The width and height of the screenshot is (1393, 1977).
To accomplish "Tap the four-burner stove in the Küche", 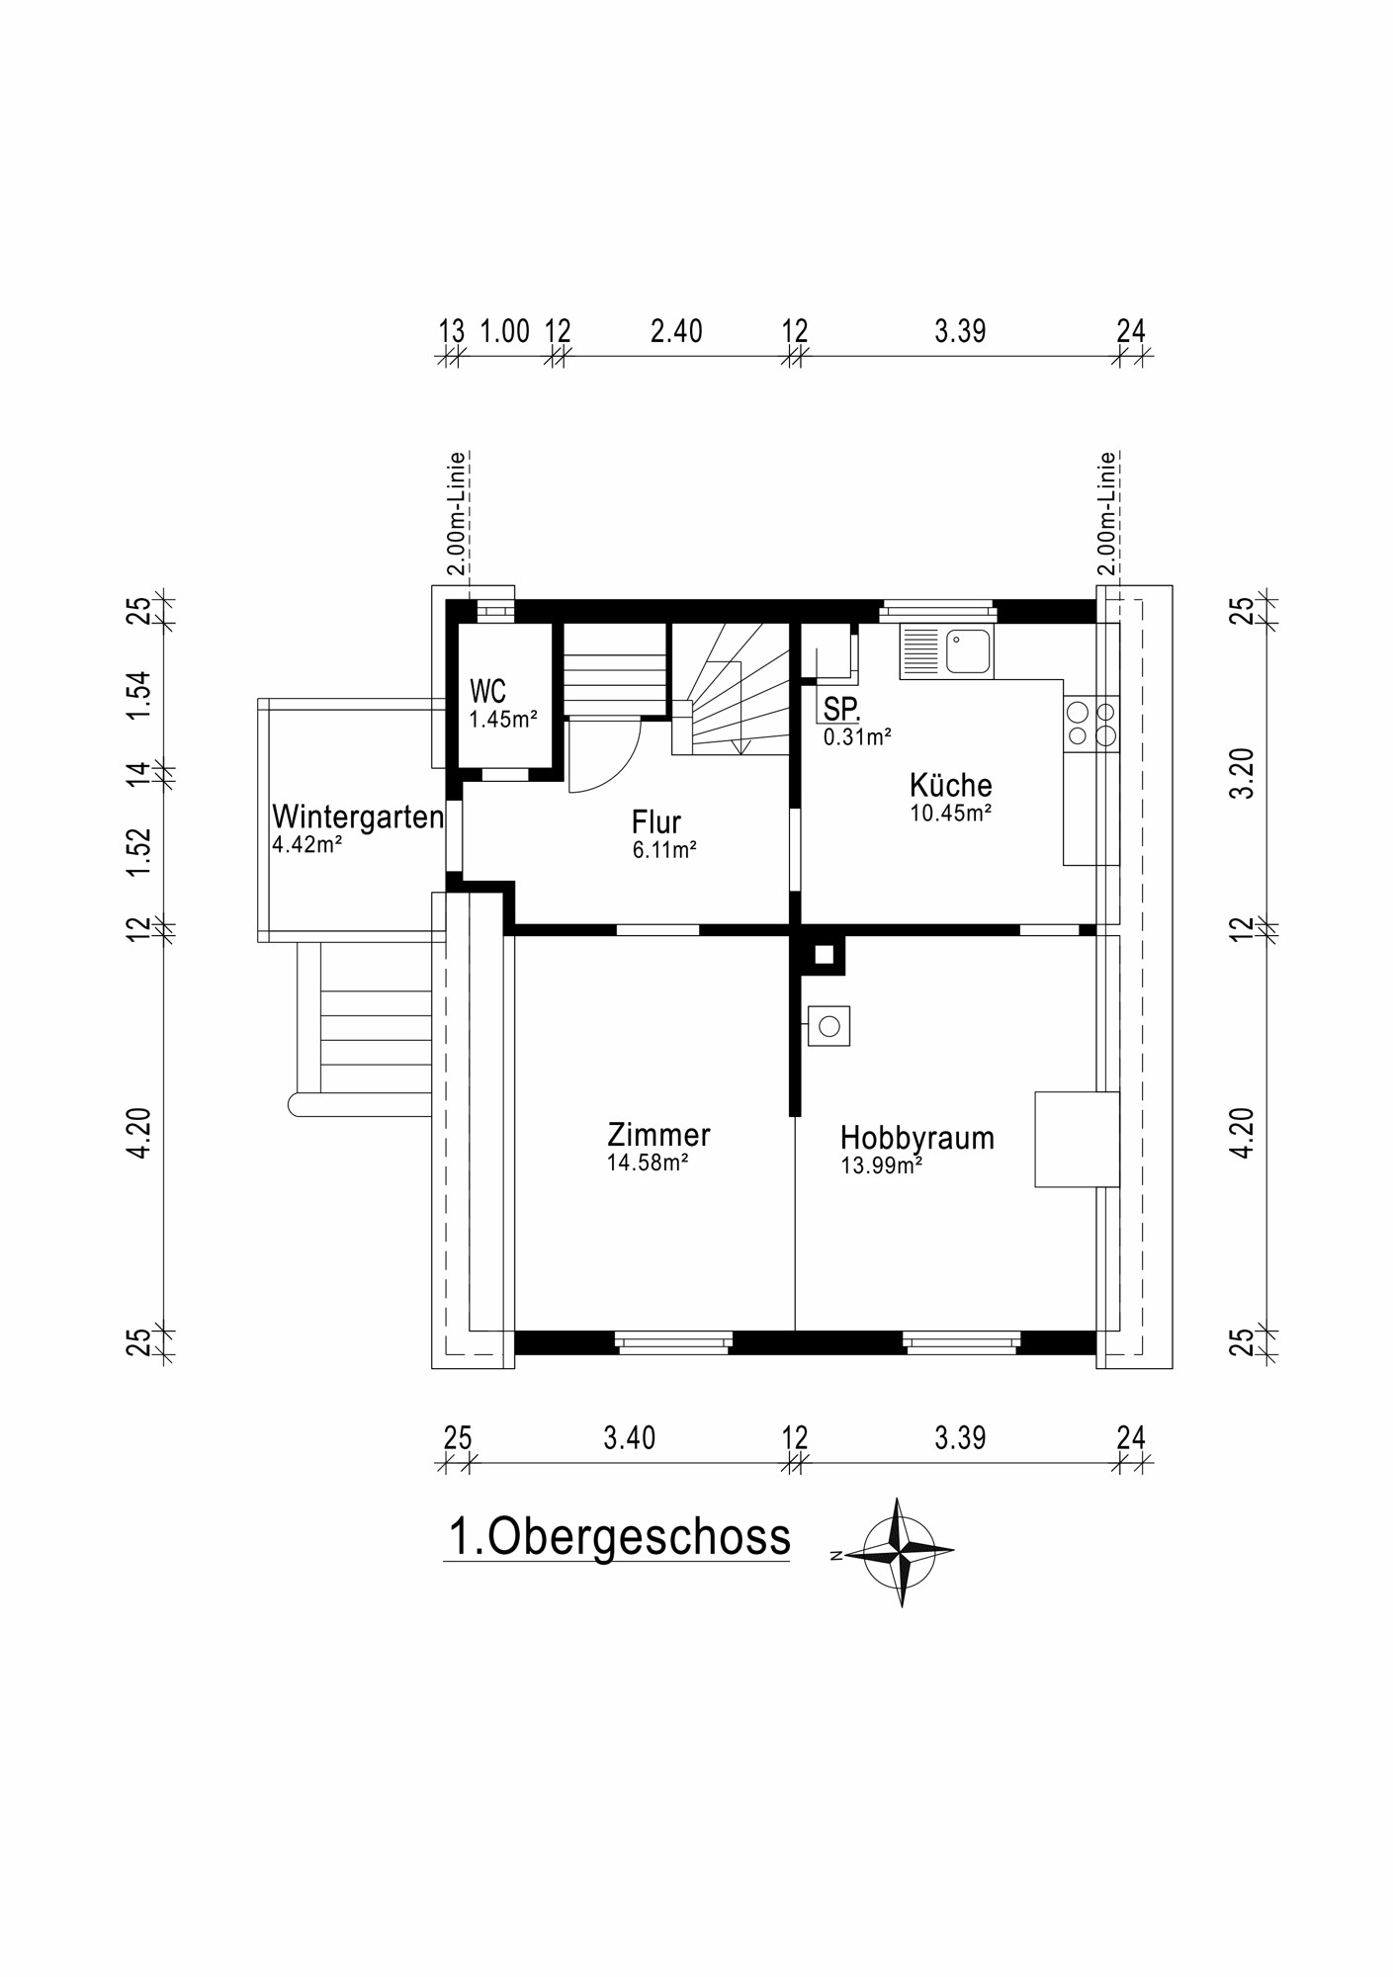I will click(x=1091, y=724).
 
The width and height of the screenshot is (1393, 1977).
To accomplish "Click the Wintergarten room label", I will click(x=357, y=817).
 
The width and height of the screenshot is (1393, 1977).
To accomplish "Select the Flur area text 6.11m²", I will click(x=664, y=850).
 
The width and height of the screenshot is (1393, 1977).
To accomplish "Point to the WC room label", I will click(x=488, y=690).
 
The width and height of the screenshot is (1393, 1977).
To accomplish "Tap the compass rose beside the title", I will click(x=900, y=1551).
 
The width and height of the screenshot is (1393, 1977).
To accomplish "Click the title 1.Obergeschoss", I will click(x=619, y=1536).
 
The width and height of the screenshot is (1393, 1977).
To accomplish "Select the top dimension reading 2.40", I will click(x=676, y=331).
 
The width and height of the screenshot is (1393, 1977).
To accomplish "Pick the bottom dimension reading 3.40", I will click(x=629, y=1437).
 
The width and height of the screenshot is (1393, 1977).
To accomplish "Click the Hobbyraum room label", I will click(x=916, y=1138).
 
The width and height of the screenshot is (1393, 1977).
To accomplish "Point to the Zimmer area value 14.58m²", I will click(x=648, y=1163).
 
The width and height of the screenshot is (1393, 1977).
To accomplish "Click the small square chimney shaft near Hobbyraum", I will click(x=823, y=955).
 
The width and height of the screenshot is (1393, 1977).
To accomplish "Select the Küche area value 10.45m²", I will click(x=950, y=814).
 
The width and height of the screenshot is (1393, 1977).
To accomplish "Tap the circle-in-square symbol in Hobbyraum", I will click(x=828, y=1026).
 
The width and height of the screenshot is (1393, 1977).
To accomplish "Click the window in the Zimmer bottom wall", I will click(x=673, y=1341).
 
